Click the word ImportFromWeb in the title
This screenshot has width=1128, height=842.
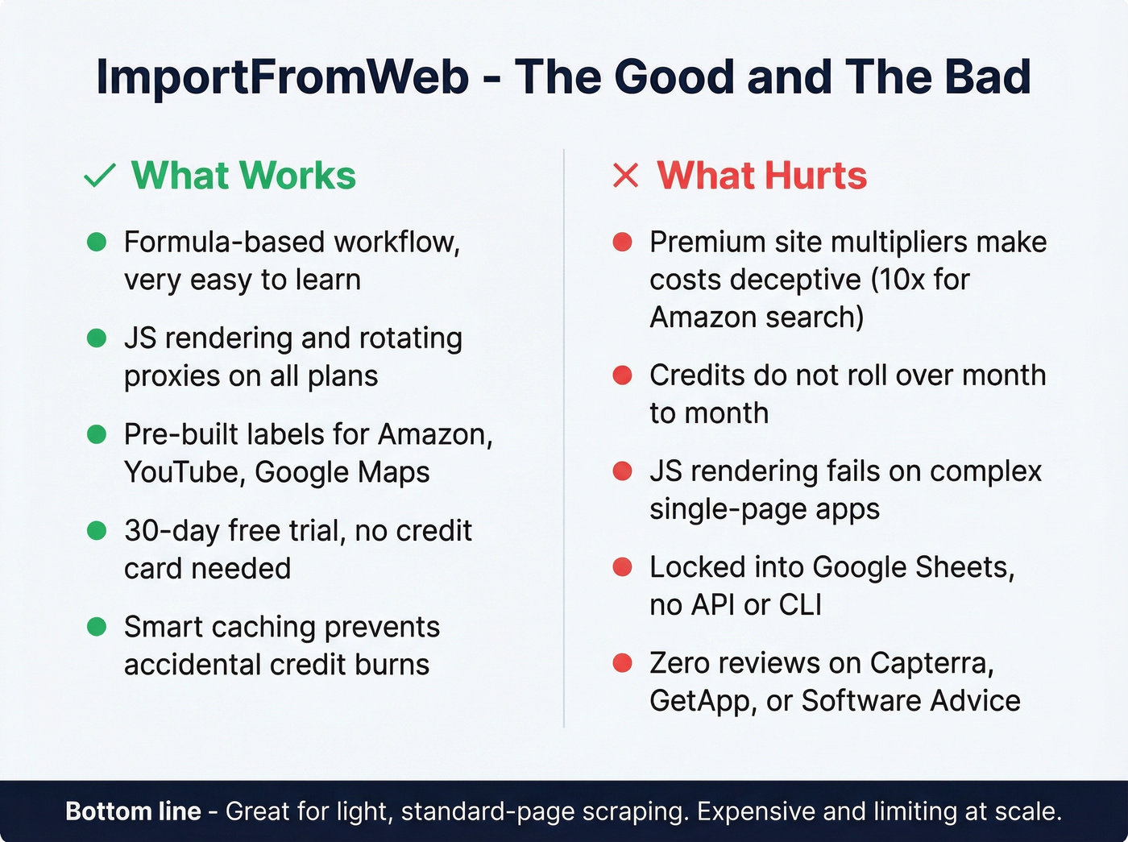point(282,77)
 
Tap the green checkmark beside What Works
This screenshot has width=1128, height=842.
point(100,176)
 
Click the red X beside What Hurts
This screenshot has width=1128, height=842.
point(625,176)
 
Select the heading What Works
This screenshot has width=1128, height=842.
point(243,176)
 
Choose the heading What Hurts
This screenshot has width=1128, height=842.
point(761,176)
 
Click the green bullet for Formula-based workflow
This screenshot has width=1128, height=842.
point(97,242)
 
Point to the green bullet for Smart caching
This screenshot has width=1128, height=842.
point(97,627)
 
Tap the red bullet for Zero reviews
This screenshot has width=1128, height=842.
point(622,663)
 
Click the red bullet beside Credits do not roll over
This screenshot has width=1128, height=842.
point(622,375)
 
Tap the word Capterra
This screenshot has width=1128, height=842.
point(931,663)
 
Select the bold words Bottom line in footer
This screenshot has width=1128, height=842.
point(133,811)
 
